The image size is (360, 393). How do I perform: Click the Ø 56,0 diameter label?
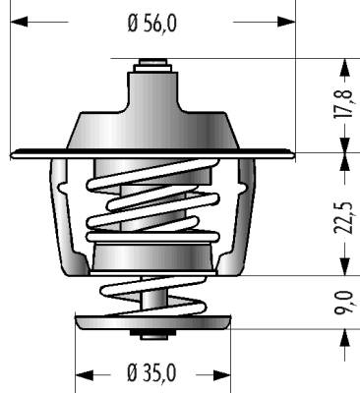(x=151, y=24)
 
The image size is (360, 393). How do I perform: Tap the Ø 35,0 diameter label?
(x=151, y=373)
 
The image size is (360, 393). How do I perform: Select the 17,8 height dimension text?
(x=344, y=103)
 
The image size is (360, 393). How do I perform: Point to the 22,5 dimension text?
(x=344, y=218)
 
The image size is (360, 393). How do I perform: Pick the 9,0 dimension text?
(x=344, y=303)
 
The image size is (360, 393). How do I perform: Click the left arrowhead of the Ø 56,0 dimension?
(x=20, y=22)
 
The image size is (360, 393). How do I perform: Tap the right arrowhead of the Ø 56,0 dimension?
(x=286, y=22)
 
